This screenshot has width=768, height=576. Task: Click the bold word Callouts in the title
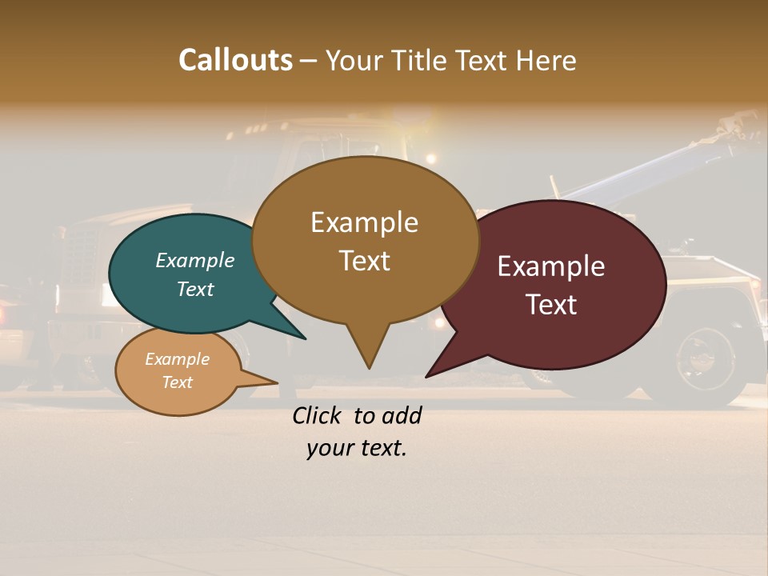(235, 60)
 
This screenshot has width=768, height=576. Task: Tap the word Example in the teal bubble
(195, 260)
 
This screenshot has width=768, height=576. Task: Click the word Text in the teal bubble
(195, 289)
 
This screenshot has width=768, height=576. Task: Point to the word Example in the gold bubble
(364, 222)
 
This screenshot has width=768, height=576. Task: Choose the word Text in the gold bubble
(364, 261)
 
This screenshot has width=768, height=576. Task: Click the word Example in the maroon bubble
(551, 266)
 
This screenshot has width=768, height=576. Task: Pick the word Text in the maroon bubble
(551, 305)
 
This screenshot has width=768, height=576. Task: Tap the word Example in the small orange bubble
(177, 359)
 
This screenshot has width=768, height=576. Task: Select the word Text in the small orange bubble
(177, 382)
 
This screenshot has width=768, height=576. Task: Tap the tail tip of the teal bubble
(304, 338)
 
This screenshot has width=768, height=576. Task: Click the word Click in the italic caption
(318, 415)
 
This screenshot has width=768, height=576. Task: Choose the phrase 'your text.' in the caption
(357, 448)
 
